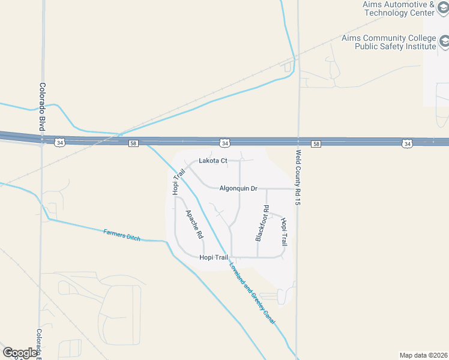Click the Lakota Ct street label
[213, 161]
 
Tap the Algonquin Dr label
[238, 188]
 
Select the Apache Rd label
[194, 225]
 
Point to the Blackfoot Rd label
[262, 223]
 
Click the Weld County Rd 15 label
[297, 178]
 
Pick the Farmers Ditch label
[121, 235]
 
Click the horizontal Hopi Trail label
[214, 257]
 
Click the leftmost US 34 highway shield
[59, 142]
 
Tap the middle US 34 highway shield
[224, 143]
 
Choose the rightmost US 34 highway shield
[408, 144]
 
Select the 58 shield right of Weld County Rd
[316, 144]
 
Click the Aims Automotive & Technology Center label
[398, 8]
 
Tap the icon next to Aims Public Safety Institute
[445, 41]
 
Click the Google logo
[19, 353]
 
